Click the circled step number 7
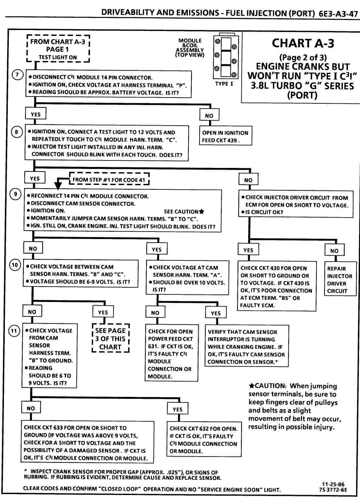point(17,75)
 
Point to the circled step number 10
point(15,265)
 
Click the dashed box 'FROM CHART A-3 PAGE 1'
point(58,49)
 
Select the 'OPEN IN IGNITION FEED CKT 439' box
point(225,136)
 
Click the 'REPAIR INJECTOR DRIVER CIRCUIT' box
point(340,280)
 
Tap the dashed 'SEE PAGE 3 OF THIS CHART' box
point(111,339)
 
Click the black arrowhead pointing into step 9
point(58,185)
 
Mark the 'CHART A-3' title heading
point(303,43)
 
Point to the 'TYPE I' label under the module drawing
point(224,84)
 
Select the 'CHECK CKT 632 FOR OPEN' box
point(204,440)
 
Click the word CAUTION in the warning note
point(270,386)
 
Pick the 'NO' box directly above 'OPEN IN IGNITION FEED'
point(209,115)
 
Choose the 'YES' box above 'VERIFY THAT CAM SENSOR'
point(216,313)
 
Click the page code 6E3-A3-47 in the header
point(338,14)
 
